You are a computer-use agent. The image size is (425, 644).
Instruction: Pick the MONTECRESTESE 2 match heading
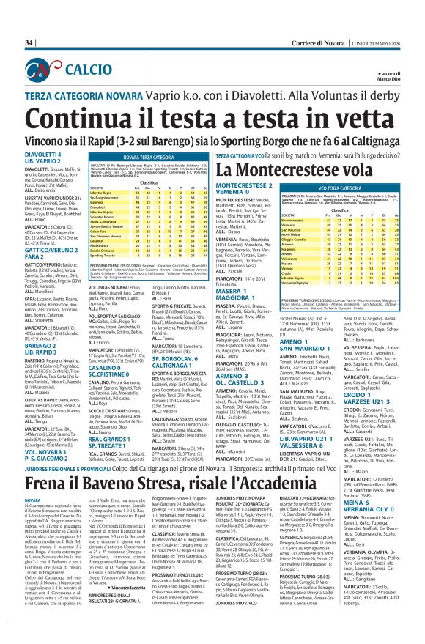click(247, 189)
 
